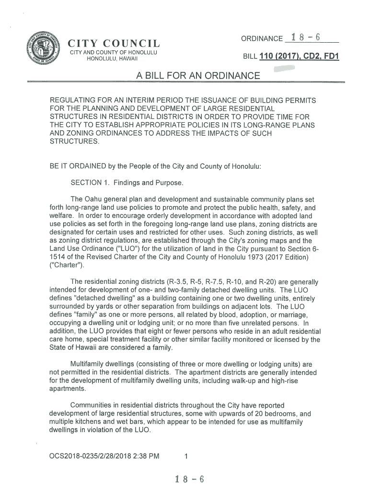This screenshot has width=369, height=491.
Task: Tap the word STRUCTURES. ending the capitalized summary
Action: click(x=75, y=142)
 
